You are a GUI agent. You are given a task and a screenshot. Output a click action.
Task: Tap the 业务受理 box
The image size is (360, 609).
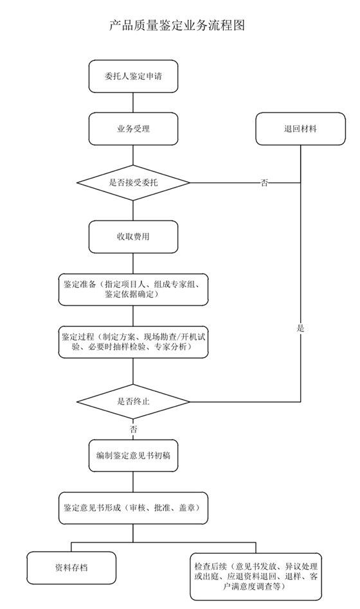(x=133, y=128)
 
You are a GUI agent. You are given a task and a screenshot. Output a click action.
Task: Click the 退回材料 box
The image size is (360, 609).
(x=300, y=128)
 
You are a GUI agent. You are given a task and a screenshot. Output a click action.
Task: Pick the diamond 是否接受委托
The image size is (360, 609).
(x=133, y=183)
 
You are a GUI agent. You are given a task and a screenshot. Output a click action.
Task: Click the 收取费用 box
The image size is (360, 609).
(x=133, y=237)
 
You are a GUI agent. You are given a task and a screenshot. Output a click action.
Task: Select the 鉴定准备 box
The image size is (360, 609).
(x=133, y=289)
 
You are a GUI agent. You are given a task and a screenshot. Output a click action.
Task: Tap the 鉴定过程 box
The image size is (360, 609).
(x=133, y=341)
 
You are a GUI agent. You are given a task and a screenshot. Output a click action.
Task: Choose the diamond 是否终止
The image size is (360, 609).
(x=133, y=402)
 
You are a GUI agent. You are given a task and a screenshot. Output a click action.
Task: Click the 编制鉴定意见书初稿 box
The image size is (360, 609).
(x=133, y=455)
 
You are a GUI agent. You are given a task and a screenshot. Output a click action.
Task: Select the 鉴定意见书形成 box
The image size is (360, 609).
(x=133, y=507)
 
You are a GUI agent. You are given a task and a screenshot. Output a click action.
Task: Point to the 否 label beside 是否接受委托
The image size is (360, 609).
(x=264, y=183)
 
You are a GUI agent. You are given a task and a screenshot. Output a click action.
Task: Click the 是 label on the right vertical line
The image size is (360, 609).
(x=300, y=328)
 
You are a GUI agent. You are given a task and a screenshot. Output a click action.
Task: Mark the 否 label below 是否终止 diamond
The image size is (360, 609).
(x=133, y=428)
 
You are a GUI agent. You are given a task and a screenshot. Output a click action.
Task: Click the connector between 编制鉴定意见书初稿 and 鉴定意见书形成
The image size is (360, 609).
(x=133, y=481)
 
